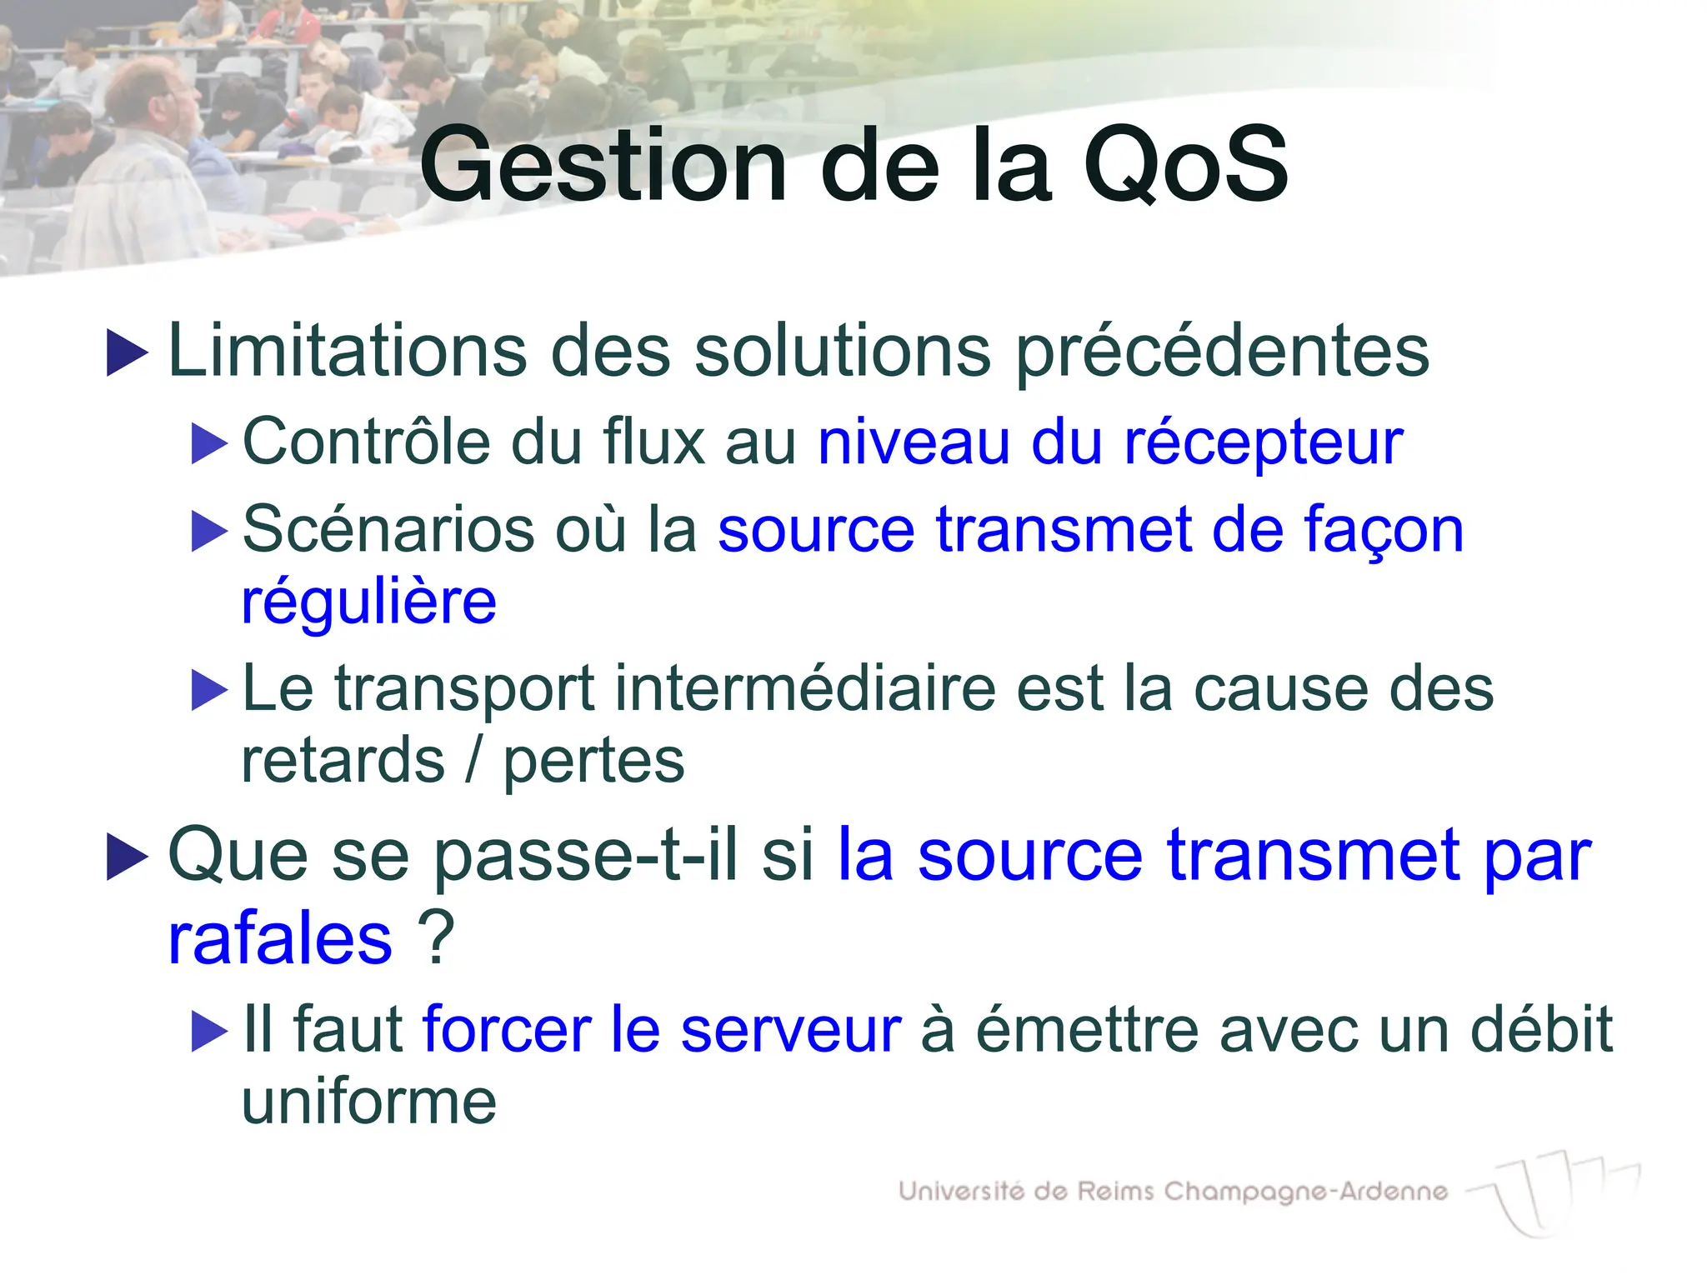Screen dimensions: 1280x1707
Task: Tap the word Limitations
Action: click(348, 351)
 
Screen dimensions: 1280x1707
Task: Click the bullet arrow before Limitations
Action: click(127, 352)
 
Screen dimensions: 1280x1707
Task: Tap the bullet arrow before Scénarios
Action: click(208, 531)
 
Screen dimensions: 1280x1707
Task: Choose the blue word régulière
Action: click(368, 602)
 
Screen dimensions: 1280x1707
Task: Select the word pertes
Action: click(593, 761)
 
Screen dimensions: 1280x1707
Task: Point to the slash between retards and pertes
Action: click(473, 761)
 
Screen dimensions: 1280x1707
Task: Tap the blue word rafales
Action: click(280, 938)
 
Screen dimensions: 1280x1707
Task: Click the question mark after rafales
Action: click(436, 937)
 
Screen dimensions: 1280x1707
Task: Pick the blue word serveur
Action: click(790, 1030)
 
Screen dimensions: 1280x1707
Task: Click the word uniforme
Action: click(368, 1102)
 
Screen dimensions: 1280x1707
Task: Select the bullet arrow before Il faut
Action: click(208, 1032)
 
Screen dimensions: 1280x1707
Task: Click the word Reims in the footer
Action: click(1116, 1191)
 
